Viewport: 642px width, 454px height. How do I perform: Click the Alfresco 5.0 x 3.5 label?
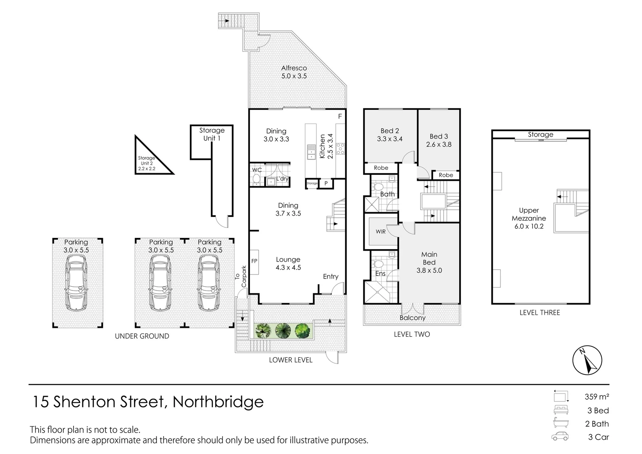point(294,72)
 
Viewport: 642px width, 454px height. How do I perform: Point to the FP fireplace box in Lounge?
point(254,261)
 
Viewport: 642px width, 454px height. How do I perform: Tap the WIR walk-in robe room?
point(381,232)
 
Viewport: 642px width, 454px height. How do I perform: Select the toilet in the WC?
point(256,180)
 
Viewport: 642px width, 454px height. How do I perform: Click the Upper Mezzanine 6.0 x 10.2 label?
point(529,218)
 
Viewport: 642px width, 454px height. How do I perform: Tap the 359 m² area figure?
point(596,396)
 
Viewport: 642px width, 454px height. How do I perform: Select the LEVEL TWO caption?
point(412,334)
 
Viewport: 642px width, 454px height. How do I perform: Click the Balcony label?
point(412,318)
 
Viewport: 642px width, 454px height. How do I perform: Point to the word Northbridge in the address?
point(218,402)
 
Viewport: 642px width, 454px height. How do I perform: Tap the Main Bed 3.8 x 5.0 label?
point(429,262)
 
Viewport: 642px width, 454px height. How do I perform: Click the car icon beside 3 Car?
point(560,436)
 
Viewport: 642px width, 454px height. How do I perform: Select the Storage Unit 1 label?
point(212,134)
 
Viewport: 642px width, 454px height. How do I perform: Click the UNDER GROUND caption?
point(142,336)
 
